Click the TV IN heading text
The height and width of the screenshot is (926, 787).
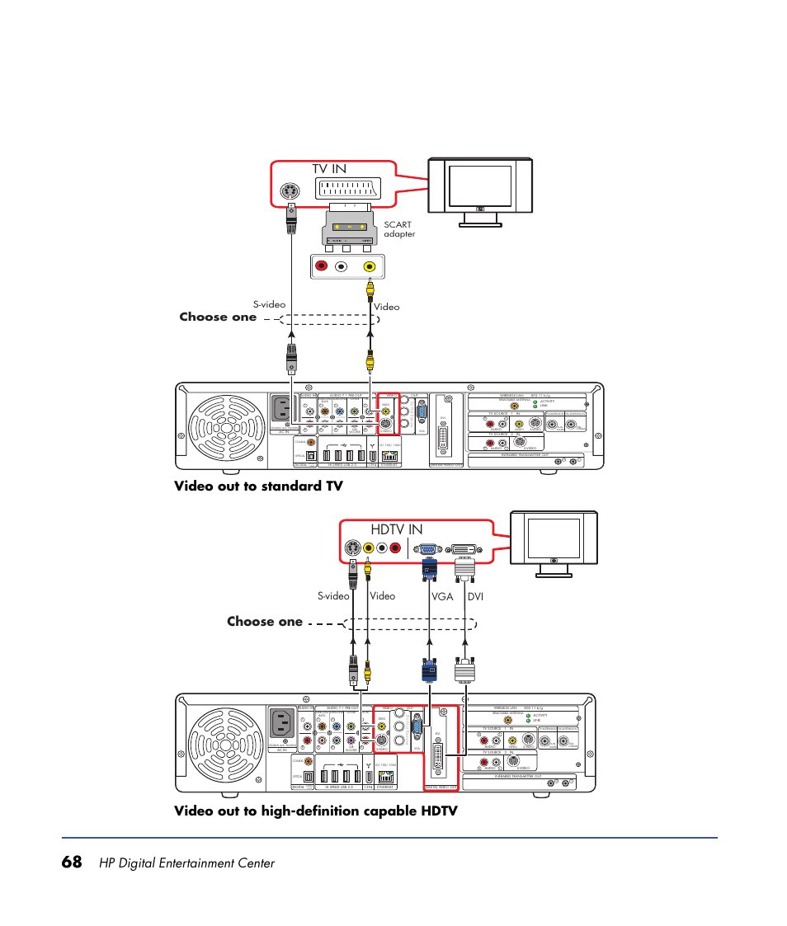tap(329, 168)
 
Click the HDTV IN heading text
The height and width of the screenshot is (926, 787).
tap(397, 528)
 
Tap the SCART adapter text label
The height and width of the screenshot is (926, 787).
tap(399, 229)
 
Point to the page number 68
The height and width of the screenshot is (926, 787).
tap(72, 863)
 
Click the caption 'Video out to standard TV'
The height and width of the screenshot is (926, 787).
tap(257, 486)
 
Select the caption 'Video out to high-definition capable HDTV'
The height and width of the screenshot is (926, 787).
tap(315, 811)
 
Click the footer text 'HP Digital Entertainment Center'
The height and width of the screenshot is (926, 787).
tap(186, 863)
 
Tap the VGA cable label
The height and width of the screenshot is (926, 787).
tap(442, 595)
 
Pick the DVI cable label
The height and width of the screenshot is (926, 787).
tap(476, 595)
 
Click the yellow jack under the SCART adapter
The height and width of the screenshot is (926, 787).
tap(370, 266)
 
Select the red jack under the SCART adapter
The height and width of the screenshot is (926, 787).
tap(322, 266)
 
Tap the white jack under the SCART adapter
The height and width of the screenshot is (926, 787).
tap(342, 266)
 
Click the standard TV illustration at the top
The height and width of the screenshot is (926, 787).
tap(480, 191)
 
